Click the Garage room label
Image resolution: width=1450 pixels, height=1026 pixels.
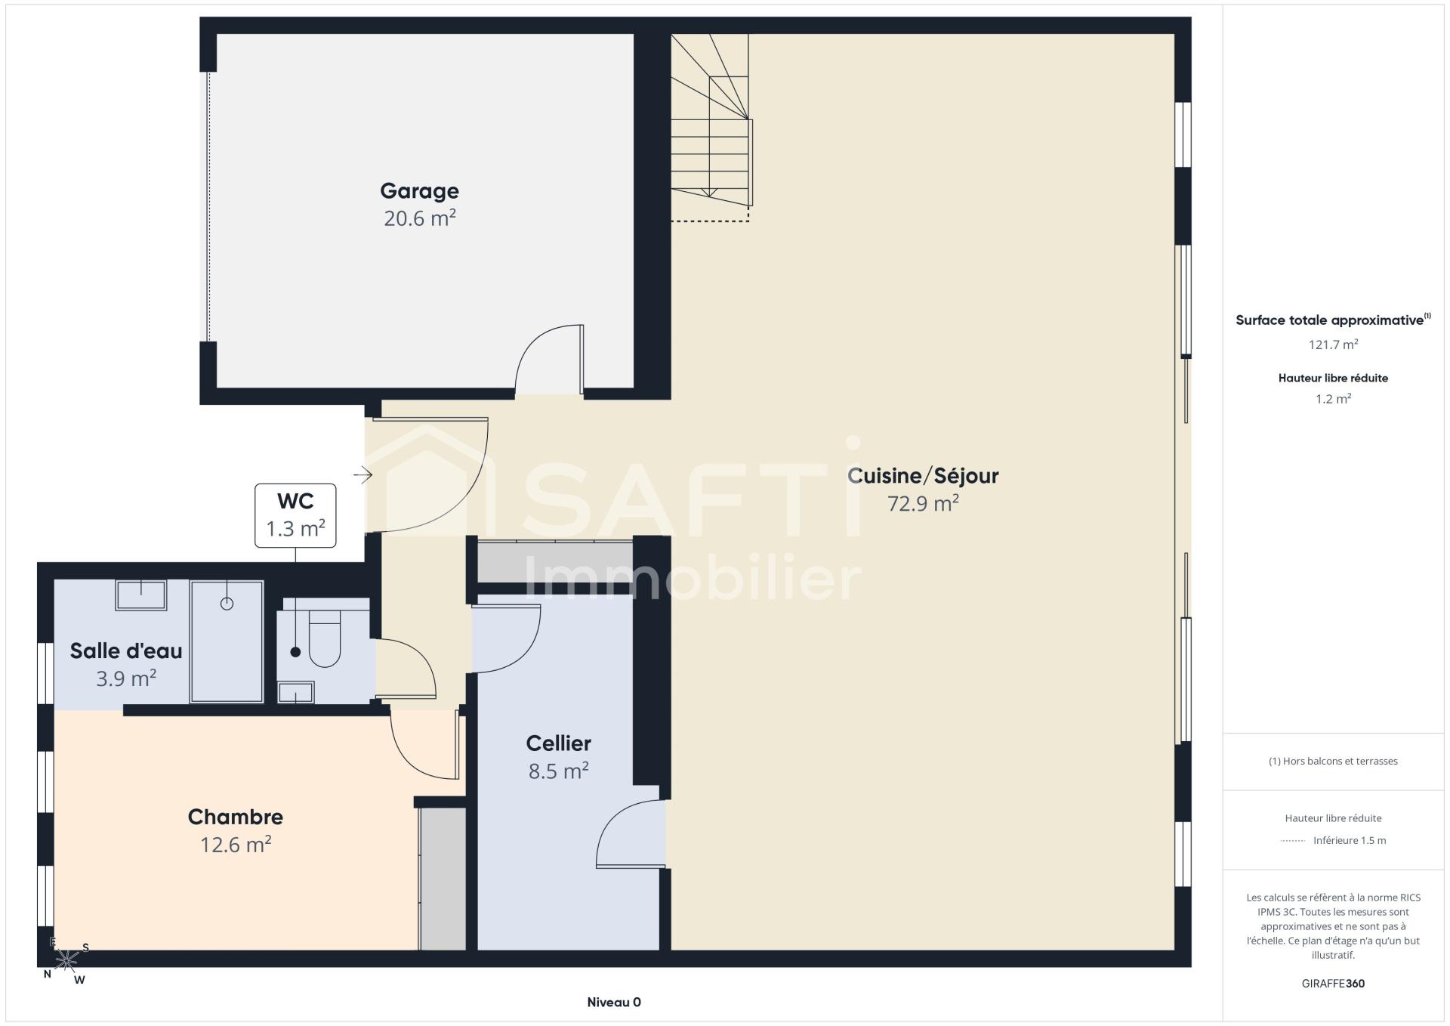(x=419, y=191)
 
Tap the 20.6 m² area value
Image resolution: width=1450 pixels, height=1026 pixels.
(x=419, y=218)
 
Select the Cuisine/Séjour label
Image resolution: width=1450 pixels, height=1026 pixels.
(x=923, y=475)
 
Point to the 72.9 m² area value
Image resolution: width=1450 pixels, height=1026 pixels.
(x=923, y=503)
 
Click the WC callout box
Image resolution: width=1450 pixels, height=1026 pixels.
(x=295, y=515)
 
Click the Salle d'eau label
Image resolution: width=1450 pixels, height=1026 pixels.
(x=126, y=651)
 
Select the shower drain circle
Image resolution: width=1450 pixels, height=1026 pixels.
(x=227, y=603)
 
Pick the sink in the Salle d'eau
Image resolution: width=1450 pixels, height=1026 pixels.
(x=141, y=595)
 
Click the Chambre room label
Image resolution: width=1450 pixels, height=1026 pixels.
(x=236, y=817)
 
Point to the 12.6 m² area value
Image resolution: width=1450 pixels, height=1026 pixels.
(x=236, y=844)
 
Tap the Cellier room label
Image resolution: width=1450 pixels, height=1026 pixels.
(x=559, y=743)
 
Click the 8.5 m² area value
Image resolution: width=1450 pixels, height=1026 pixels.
(x=559, y=771)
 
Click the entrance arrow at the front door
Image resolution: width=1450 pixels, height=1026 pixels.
(x=363, y=475)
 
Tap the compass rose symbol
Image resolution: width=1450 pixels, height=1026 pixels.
(x=66, y=960)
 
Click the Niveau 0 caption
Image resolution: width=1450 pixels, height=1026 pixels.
(x=614, y=1003)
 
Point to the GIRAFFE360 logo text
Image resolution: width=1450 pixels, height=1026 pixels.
(x=1333, y=984)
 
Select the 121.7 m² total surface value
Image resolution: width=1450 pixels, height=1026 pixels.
(x=1333, y=345)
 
